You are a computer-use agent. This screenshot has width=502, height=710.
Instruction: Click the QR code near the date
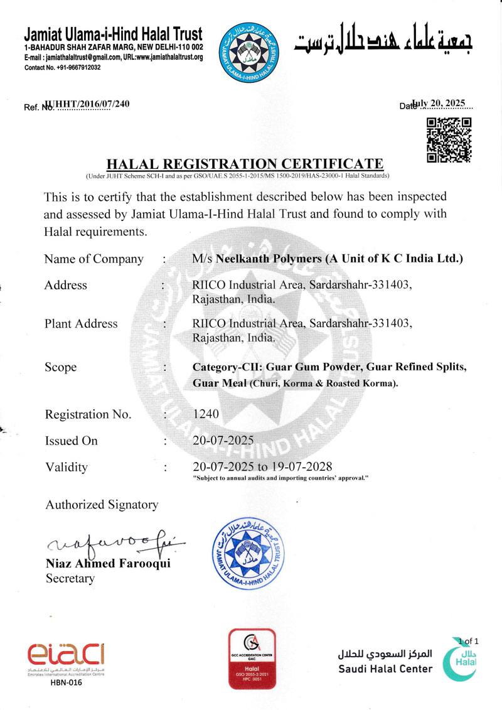tap(449, 140)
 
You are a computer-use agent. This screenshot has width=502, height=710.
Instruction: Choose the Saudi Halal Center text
tap(385, 669)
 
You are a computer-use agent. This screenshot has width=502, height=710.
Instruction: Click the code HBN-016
tap(66, 683)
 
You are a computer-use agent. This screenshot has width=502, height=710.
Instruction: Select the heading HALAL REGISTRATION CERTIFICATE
tap(245, 164)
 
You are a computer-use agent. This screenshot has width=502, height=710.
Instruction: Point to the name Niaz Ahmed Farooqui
tap(108, 564)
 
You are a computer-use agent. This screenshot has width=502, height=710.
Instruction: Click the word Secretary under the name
tap(70, 578)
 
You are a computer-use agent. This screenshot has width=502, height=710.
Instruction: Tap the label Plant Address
tap(81, 324)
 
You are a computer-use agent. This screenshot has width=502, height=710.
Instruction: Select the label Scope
tap(61, 367)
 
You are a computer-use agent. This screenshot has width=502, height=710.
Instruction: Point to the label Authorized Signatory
tap(102, 504)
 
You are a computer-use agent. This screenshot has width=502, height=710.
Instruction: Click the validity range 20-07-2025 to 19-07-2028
tap(262, 466)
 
